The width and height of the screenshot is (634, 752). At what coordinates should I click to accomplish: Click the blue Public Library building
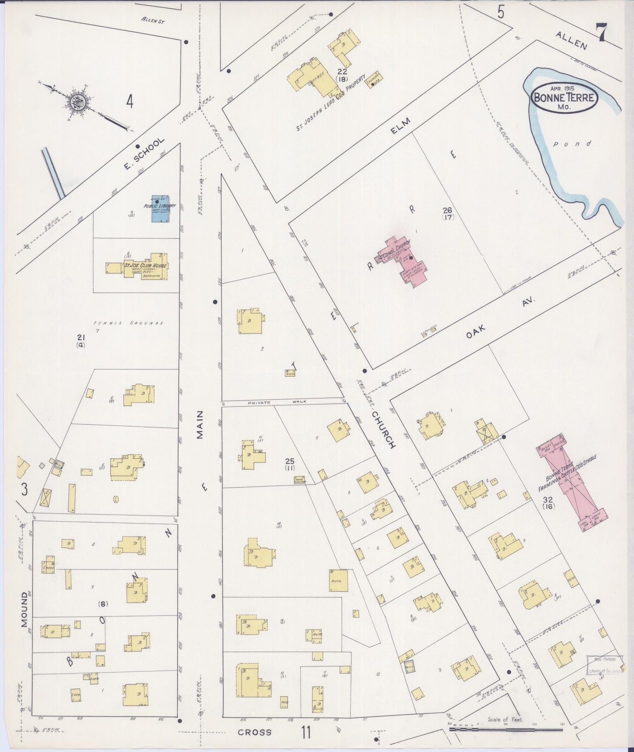pos(161,209)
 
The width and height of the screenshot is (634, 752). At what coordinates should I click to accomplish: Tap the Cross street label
pos(254,732)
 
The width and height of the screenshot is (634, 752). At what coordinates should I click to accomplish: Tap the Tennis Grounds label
pos(128,323)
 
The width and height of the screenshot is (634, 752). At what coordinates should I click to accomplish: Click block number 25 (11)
pos(290,464)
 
